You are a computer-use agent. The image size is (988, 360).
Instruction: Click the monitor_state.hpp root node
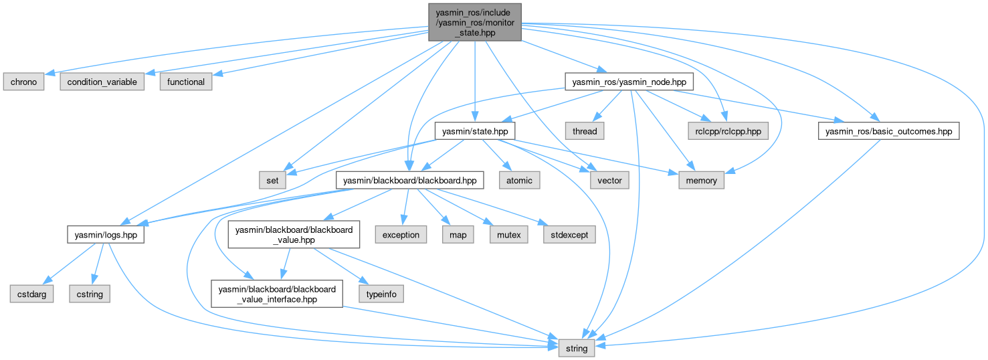[x=474, y=21]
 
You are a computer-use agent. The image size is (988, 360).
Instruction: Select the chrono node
[x=23, y=82]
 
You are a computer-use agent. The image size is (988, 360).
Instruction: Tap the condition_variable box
[x=102, y=82]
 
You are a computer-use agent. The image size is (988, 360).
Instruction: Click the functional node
[x=185, y=82]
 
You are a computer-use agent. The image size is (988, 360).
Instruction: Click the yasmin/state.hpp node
[x=474, y=131]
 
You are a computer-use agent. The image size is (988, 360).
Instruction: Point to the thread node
[x=585, y=131]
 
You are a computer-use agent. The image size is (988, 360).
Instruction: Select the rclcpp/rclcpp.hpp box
[x=727, y=131]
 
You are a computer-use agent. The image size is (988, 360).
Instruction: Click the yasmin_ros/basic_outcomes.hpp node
[x=888, y=131]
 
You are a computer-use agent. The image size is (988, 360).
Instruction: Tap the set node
[x=273, y=180]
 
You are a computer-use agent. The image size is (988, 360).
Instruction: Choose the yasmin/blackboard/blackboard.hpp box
[x=409, y=180]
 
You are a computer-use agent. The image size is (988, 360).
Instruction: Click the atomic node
[x=518, y=180]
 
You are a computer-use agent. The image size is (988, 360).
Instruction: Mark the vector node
[x=609, y=180]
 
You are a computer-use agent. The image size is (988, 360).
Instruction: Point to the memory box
[x=702, y=180]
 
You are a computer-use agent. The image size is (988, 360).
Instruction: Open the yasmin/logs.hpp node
[x=106, y=235]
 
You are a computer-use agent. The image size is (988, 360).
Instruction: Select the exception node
[x=401, y=235]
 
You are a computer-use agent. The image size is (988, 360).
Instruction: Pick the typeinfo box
[x=381, y=293]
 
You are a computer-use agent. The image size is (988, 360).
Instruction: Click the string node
[x=577, y=348]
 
